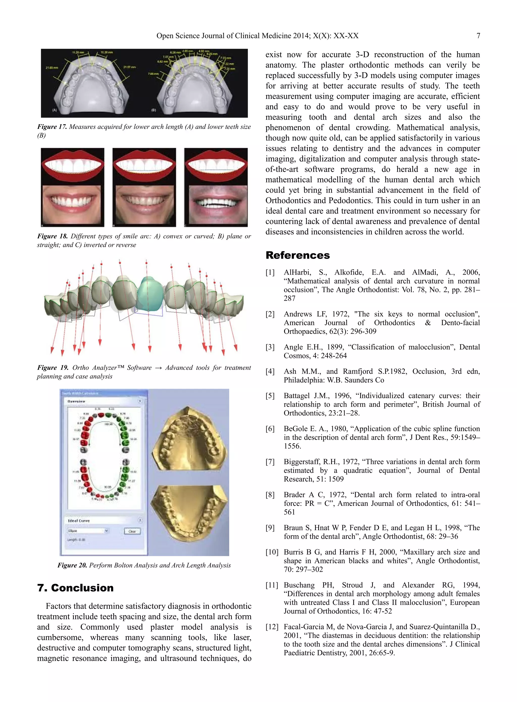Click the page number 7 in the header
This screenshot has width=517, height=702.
pos(478,36)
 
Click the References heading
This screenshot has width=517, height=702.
pos(297,255)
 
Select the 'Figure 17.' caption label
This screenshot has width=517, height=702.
pos(52,127)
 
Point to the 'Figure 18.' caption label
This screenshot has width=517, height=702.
pos(52,236)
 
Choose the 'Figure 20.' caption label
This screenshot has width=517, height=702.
pos(72,565)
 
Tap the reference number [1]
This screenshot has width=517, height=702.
pos(270,272)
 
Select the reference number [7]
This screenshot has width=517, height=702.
pos(270,462)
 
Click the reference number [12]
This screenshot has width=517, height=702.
pos(272,627)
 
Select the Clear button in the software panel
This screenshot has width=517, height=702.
pos(132,531)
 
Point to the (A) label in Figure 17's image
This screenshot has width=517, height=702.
pos(55,110)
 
